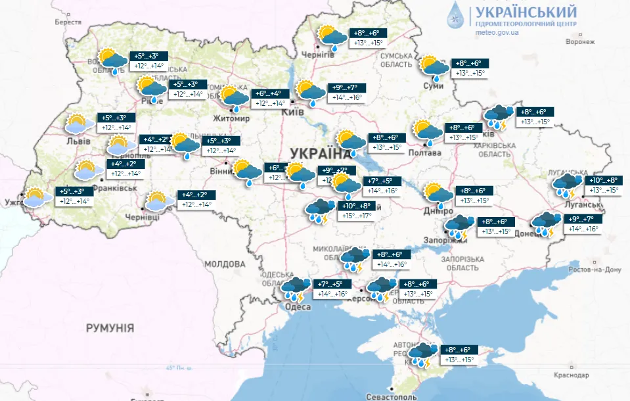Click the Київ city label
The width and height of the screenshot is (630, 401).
[x=292, y=113]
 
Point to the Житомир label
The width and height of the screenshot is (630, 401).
[x=231, y=119]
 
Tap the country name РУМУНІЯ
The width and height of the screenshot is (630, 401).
[x=110, y=327]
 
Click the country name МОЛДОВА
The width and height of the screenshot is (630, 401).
[x=225, y=264]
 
